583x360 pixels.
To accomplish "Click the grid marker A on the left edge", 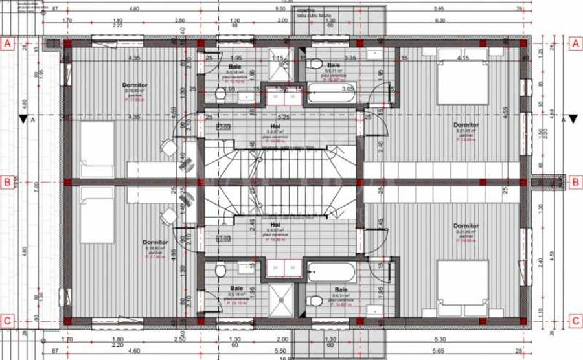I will pyautogui.click(x=8, y=44).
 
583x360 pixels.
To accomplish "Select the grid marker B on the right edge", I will pyautogui.click(x=574, y=183).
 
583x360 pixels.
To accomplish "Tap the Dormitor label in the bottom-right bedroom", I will pyautogui.click(x=466, y=226).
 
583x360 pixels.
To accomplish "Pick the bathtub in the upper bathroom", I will pyautogui.click(x=330, y=95).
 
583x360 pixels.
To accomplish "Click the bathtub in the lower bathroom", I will pyautogui.click(x=330, y=270).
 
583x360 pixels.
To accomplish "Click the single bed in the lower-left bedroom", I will pyautogui.click(x=97, y=216).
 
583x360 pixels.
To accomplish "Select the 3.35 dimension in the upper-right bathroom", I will pyautogui.click(x=351, y=58).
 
